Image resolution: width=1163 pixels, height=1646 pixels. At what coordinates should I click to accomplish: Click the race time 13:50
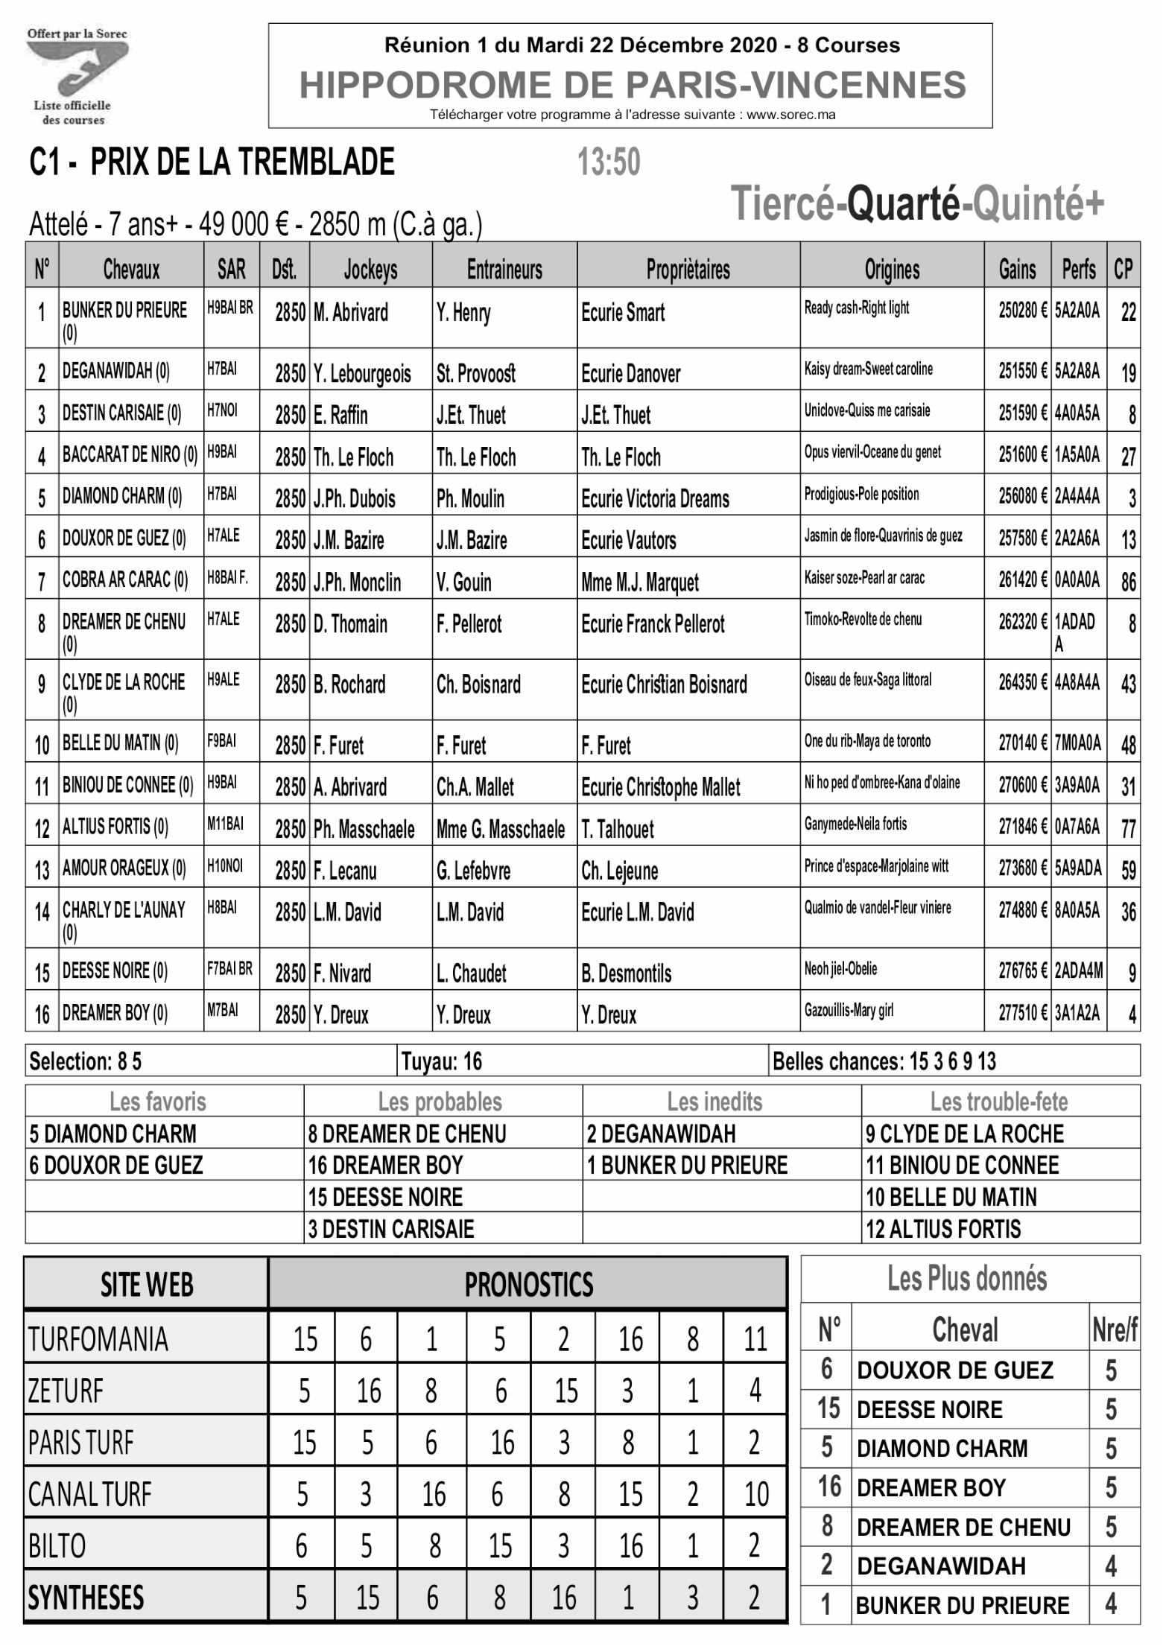click(x=609, y=162)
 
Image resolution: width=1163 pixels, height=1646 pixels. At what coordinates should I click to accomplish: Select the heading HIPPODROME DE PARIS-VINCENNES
click(x=632, y=85)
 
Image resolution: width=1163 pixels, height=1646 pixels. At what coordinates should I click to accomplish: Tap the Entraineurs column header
click(x=504, y=269)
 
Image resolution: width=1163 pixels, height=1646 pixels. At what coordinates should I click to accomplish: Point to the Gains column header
click(x=1017, y=269)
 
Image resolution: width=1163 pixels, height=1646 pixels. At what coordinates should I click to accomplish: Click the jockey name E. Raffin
click(x=340, y=415)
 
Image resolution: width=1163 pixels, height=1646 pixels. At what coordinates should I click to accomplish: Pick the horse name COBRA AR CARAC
click(x=124, y=579)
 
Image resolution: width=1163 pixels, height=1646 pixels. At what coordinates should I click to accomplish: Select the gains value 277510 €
click(x=1022, y=1012)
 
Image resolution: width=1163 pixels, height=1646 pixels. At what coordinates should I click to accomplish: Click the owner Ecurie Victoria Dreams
click(x=655, y=498)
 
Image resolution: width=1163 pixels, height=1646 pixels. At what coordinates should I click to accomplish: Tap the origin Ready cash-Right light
click(x=856, y=308)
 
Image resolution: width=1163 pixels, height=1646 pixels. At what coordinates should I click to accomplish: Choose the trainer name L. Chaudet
click(x=471, y=973)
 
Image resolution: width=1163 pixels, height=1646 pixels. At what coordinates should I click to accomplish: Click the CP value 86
click(x=1128, y=581)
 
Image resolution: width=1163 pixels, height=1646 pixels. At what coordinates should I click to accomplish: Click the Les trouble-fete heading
click(x=998, y=1102)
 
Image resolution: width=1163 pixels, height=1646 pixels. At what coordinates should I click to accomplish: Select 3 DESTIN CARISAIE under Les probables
click(x=391, y=1229)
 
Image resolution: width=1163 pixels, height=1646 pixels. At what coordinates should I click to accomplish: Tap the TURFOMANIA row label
click(x=98, y=1340)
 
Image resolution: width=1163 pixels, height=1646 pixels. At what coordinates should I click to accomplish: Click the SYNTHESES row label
click(x=86, y=1598)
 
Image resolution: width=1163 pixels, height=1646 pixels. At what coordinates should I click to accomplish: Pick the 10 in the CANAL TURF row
click(x=755, y=1494)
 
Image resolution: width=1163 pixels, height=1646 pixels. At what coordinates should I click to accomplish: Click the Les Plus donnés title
click(x=967, y=1279)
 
